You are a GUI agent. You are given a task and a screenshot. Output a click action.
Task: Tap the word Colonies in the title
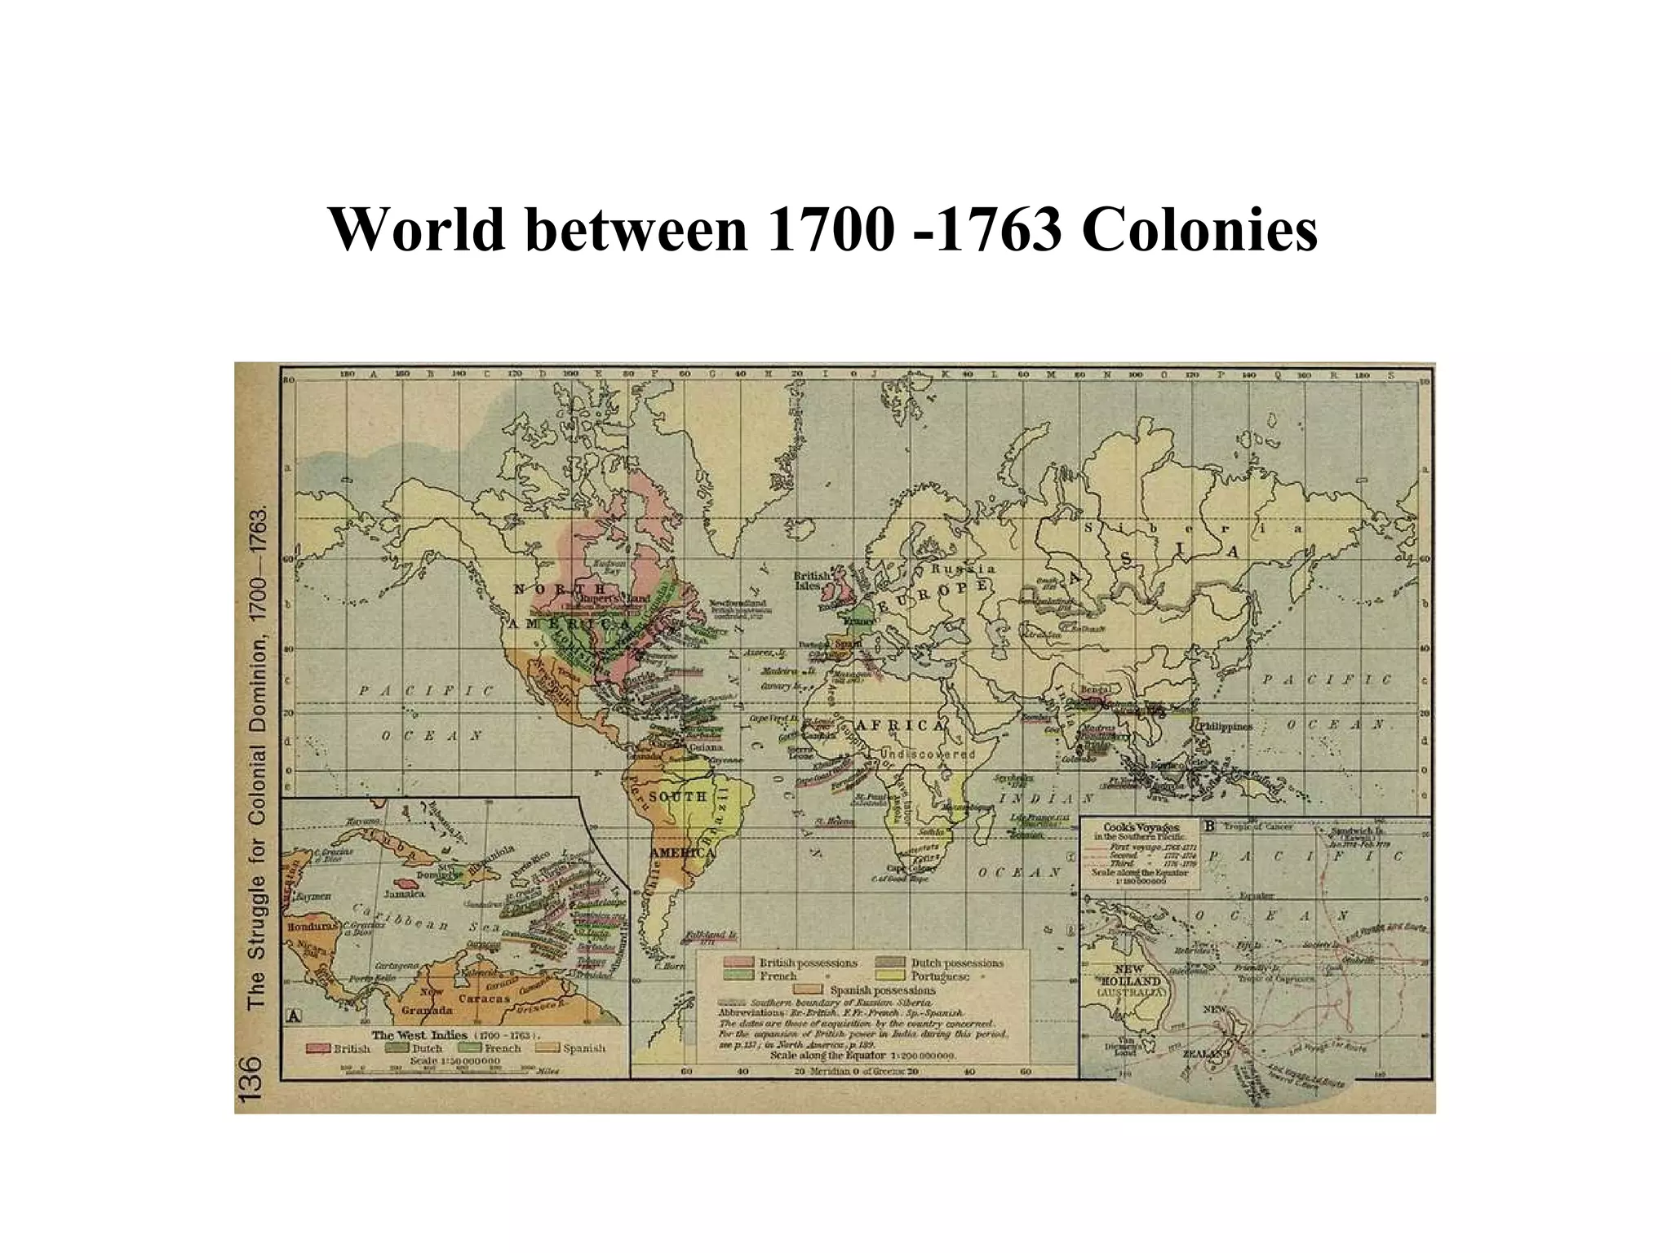(x=1199, y=230)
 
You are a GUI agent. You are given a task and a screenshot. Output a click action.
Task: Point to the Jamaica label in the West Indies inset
(x=405, y=893)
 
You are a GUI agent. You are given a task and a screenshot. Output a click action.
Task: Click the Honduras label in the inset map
(x=311, y=928)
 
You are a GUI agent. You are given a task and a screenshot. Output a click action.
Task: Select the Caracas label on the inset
(x=484, y=998)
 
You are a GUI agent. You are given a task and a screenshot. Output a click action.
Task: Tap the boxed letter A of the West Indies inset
(x=293, y=1016)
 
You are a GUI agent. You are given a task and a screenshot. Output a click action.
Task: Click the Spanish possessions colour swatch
(x=812, y=990)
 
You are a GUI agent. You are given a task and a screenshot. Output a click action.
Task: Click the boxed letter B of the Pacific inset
(x=1210, y=826)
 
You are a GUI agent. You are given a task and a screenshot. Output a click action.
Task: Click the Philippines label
(x=1224, y=726)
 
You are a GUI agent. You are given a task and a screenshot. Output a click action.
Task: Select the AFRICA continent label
(x=901, y=725)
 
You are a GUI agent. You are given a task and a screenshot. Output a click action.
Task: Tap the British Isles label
(x=812, y=580)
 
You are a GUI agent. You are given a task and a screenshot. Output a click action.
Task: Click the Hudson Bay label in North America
(x=609, y=566)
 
